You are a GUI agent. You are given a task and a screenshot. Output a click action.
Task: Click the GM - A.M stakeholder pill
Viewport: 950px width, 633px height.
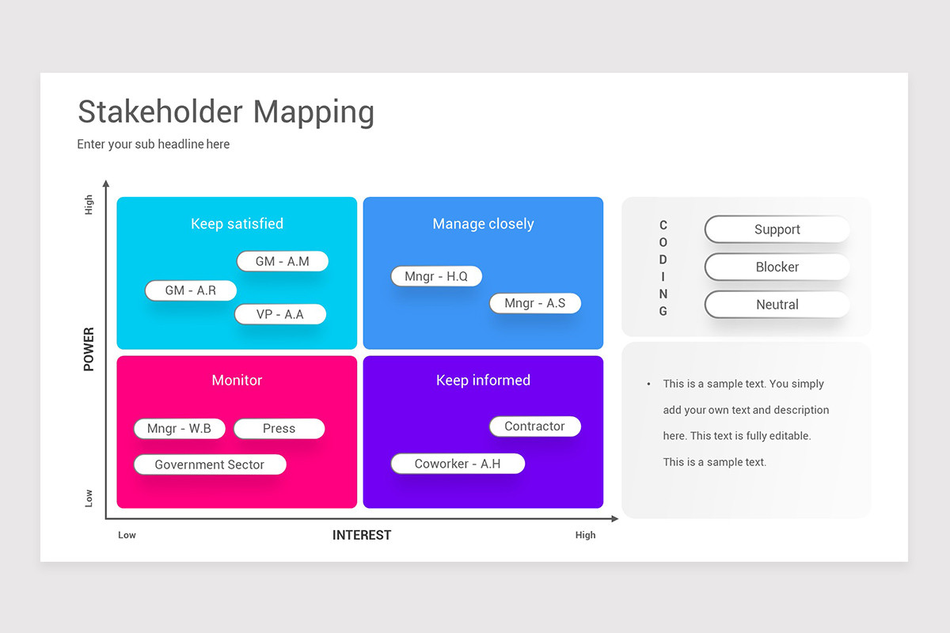283,261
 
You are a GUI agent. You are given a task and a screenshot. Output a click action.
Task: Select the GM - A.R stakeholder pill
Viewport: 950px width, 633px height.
191,290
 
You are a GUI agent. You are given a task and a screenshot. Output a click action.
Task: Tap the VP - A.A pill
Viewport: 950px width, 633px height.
280,314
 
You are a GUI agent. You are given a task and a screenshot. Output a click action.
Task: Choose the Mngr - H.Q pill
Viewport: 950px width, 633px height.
436,276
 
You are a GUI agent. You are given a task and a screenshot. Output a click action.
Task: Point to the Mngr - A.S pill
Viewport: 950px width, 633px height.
535,303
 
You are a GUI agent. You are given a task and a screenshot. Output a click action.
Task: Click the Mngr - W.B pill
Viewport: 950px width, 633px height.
180,428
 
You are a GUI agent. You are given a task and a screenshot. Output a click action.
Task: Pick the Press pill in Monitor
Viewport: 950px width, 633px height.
279,428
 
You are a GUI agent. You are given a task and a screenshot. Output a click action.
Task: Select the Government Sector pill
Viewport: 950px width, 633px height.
210,464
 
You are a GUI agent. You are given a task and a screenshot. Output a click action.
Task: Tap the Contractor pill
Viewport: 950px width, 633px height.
535,426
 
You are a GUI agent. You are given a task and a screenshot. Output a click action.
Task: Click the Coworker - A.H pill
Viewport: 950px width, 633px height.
458,464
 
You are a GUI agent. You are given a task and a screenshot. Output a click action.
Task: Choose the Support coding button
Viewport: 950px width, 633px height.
777,229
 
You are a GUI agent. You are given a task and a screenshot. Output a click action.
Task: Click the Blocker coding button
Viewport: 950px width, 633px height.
777,267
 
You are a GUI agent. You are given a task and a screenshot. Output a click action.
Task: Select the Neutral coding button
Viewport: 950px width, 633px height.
777,305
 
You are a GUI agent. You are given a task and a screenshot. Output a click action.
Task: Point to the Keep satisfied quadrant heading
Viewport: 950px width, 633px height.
237,223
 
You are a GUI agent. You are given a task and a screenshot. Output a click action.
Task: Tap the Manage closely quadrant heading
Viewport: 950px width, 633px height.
483,223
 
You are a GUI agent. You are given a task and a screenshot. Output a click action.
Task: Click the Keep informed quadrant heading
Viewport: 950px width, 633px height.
483,380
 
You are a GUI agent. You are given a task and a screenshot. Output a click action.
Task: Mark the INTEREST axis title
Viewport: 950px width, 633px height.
362,535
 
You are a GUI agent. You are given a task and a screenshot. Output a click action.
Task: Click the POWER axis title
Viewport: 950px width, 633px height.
89,349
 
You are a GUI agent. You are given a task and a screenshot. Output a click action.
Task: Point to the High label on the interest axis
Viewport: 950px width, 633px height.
585,535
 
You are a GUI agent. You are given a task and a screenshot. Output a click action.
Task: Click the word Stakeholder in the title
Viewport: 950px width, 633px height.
160,112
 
